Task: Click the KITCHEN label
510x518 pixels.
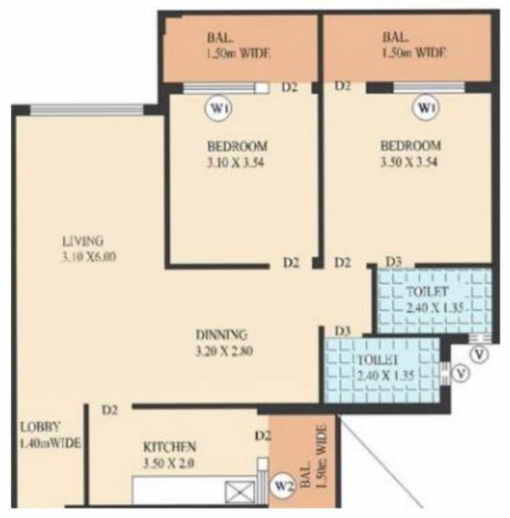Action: [x=170, y=447]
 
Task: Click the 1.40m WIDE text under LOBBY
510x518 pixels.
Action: [x=50, y=443]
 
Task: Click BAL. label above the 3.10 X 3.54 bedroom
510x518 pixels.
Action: [x=218, y=37]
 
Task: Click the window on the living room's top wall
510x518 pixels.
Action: [x=87, y=109]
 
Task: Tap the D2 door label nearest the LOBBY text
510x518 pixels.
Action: [x=109, y=410]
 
